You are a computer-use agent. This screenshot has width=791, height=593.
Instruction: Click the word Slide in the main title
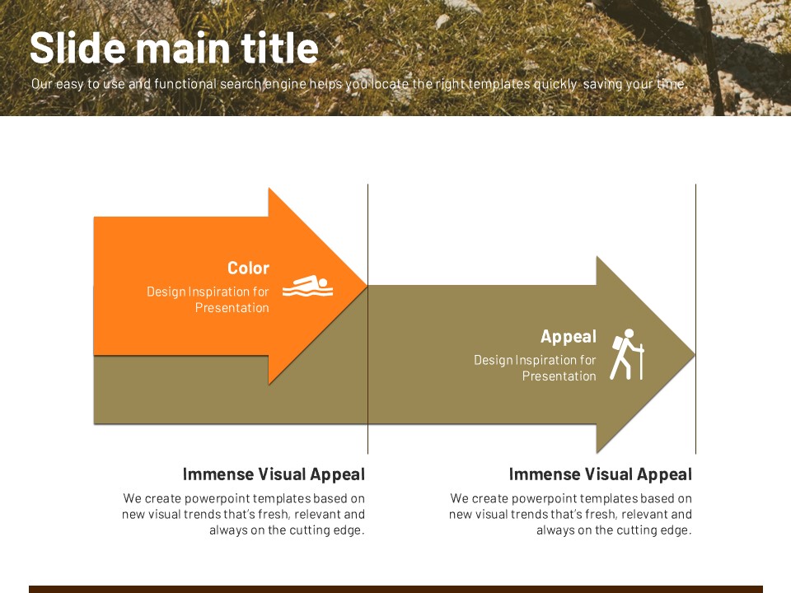pyautogui.click(x=77, y=48)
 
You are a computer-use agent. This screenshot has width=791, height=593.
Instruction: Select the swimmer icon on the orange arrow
pyautogui.click(x=307, y=286)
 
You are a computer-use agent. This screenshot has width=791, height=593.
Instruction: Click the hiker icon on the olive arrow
pyautogui.click(x=627, y=354)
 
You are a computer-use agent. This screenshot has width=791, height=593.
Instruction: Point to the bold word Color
pyautogui.click(x=248, y=268)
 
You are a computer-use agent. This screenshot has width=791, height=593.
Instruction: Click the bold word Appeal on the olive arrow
pyautogui.click(x=568, y=336)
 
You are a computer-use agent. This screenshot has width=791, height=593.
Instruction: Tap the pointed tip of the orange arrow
pyautogui.click(x=367, y=287)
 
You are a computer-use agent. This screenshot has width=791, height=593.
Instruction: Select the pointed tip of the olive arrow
pyautogui.click(x=695, y=354)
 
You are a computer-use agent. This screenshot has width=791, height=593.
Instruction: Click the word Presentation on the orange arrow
pyautogui.click(x=232, y=307)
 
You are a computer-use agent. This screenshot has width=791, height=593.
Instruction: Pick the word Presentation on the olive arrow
pyautogui.click(x=559, y=376)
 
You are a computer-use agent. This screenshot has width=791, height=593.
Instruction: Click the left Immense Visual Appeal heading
pyautogui.click(x=274, y=474)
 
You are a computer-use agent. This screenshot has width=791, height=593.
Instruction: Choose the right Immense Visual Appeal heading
pyautogui.click(x=601, y=474)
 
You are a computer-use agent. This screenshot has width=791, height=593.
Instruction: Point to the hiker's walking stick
pyautogui.click(x=641, y=362)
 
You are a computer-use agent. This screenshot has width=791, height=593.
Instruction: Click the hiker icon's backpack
pyautogui.click(x=617, y=343)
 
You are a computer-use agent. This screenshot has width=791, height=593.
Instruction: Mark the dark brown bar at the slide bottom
pyautogui.click(x=395, y=589)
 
